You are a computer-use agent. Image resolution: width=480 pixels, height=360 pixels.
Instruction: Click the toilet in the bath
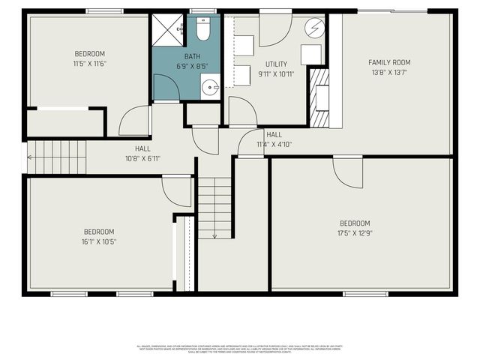[x=202, y=30]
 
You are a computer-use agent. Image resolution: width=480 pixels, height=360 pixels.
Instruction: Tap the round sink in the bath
[x=209, y=85]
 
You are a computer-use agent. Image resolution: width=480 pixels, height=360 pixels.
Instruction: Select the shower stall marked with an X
[x=167, y=30]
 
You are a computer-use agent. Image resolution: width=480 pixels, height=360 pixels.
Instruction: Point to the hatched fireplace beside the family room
[x=319, y=97]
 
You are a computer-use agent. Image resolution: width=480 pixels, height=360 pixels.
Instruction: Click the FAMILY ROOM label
[x=389, y=62]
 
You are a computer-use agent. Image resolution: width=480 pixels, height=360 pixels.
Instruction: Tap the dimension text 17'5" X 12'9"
[x=355, y=232]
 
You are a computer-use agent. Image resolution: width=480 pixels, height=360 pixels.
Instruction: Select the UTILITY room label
[x=276, y=64]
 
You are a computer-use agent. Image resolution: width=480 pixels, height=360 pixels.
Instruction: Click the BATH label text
[x=193, y=56]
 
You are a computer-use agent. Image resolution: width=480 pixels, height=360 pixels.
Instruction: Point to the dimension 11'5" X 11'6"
[x=89, y=63]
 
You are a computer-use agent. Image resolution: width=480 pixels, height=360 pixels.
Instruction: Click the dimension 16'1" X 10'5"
[x=99, y=241]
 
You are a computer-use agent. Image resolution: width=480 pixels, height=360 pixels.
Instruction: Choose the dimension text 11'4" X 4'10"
[x=274, y=143]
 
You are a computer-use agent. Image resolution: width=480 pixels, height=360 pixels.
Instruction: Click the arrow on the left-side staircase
[x=30, y=157]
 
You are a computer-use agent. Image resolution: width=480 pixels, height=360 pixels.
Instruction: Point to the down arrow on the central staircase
[x=214, y=235]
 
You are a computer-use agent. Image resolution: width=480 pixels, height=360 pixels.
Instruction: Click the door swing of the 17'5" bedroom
[x=349, y=172]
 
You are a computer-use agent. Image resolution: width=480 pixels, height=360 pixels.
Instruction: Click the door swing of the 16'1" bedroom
[x=178, y=190]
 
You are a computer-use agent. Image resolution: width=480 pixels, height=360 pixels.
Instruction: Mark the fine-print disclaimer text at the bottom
[x=239, y=349]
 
